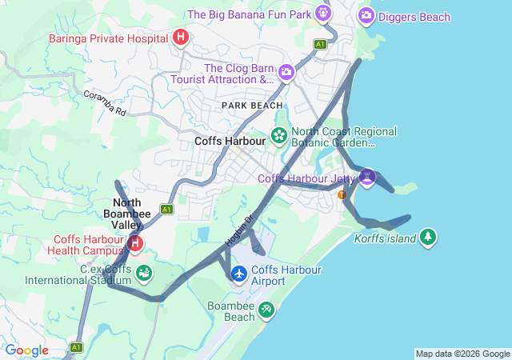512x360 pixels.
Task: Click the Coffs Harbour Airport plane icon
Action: [239, 274]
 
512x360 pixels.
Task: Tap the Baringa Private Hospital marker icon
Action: [181, 37]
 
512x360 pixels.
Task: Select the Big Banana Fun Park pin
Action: [322, 13]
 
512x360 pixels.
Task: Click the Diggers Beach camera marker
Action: [366, 14]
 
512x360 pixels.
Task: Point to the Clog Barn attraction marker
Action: [286, 74]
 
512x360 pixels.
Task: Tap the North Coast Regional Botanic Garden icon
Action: [279, 134]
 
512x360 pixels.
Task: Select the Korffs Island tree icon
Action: [429, 237]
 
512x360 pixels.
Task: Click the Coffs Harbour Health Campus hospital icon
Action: [135, 243]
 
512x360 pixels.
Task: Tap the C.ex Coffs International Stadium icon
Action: [145, 274]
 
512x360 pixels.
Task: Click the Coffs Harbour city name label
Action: [230, 141]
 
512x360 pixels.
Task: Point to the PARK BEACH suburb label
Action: [252, 106]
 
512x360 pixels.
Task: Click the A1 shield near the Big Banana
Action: [320, 43]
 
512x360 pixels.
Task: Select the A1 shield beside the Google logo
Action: [76, 347]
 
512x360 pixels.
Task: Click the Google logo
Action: [26, 350]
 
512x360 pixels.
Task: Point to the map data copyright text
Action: [462, 354]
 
